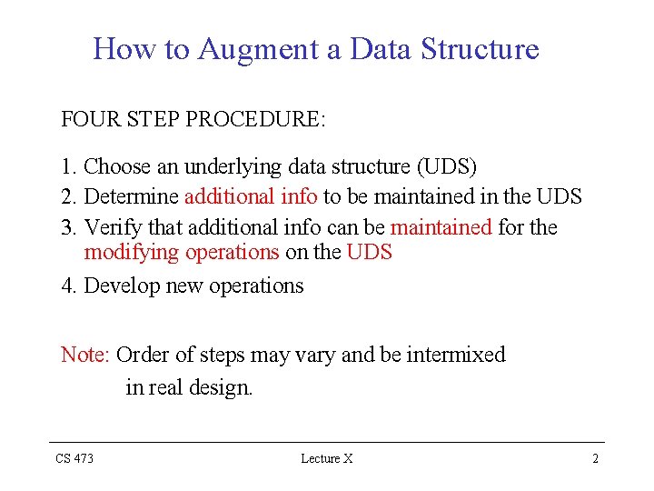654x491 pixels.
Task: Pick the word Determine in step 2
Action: [x=131, y=196]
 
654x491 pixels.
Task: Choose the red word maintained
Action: [x=441, y=226]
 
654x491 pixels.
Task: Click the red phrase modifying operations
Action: [x=181, y=253]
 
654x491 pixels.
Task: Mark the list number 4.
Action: [x=67, y=286]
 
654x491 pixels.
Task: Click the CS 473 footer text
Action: [x=74, y=459]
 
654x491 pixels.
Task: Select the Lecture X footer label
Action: [x=326, y=459]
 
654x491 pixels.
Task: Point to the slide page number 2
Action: [x=595, y=459]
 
